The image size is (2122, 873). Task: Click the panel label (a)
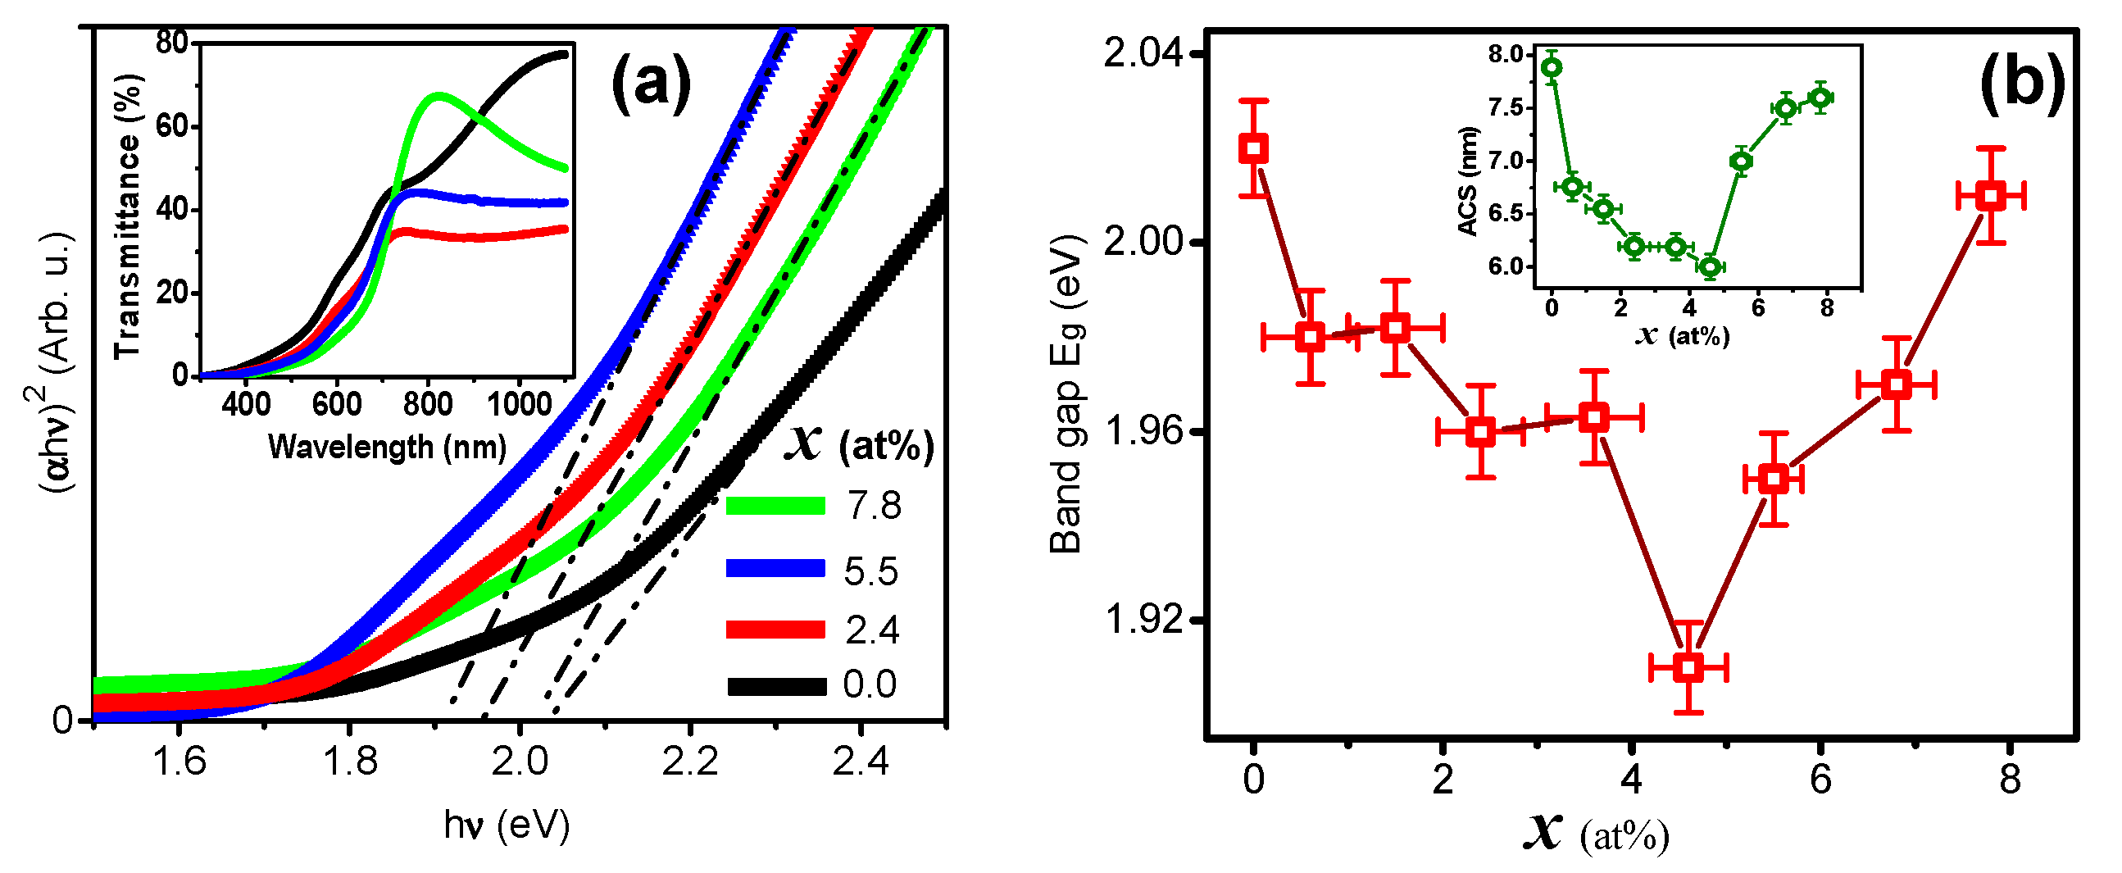(x=650, y=84)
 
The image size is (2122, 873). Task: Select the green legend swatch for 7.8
(x=775, y=505)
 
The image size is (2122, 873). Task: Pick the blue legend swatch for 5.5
(x=775, y=568)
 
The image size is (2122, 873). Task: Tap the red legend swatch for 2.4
(x=775, y=630)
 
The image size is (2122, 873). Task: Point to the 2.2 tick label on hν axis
(x=689, y=762)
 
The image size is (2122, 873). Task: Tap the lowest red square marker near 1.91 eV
(x=1688, y=667)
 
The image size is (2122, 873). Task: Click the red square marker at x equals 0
(x=1253, y=149)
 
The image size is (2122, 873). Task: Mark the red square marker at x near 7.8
(x=1991, y=196)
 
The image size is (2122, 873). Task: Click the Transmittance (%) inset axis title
(x=129, y=216)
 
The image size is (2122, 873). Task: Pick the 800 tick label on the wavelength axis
(x=428, y=404)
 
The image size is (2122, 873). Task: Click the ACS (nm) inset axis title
(x=1467, y=181)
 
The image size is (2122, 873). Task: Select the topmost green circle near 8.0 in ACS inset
(x=1552, y=67)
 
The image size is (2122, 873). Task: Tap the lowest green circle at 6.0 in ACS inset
(x=1710, y=267)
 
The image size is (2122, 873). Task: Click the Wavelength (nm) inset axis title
(x=387, y=448)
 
